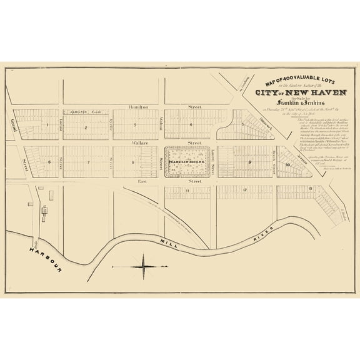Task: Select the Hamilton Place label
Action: (x=85, y=112)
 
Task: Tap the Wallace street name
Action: (x=138, y=143)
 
